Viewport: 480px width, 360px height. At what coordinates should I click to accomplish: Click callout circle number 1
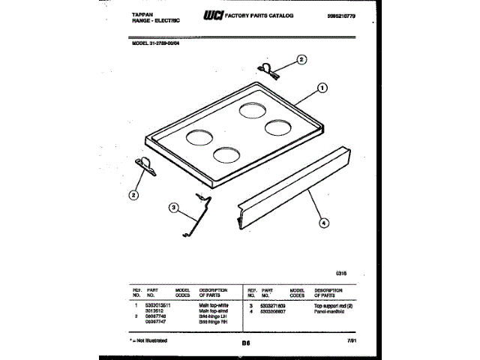click(x=322, y=87)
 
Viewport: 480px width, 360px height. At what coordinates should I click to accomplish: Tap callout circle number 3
click(x=173, y=208)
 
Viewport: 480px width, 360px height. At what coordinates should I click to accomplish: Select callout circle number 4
click(x=323, y=221)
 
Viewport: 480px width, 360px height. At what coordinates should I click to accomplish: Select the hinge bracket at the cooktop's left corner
click(x=142, y=168)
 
